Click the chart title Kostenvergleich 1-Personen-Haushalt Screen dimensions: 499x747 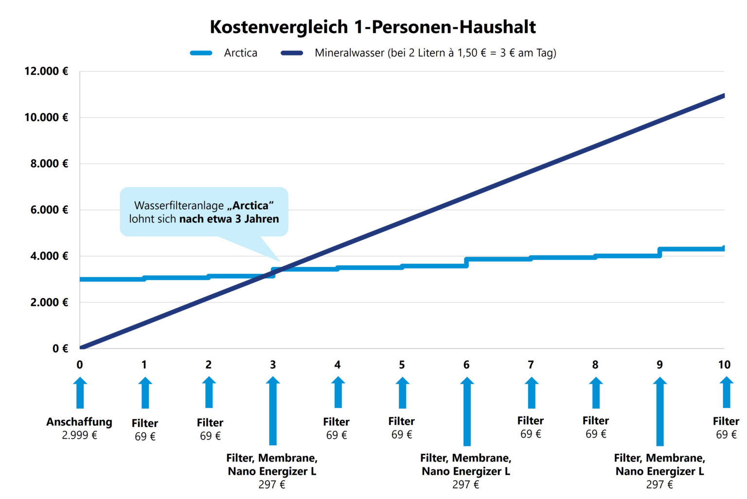pos(373,27)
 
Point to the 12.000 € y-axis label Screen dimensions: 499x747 pos(46,71)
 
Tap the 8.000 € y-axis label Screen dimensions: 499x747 pos(49,164)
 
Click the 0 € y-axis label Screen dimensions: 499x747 pos(60,349)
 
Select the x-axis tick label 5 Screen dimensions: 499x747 pos(402,365)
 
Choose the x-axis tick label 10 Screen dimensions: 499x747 pos(724,365)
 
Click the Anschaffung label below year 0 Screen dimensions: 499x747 pos(79,422)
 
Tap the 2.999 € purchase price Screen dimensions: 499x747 pos(79,435)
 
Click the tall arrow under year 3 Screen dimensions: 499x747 pos(273,411)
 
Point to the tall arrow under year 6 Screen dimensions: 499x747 pos(467,411)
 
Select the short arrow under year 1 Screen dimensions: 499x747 pos(145,393)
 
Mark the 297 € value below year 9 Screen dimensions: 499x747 pos(659,484)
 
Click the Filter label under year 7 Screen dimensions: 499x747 pos(531,421)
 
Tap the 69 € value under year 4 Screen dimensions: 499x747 pos(337,435)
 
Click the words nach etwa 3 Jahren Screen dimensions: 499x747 pos(229,219)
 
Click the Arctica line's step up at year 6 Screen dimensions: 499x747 pos(466,262)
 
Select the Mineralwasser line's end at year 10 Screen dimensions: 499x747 pos(723,96)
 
